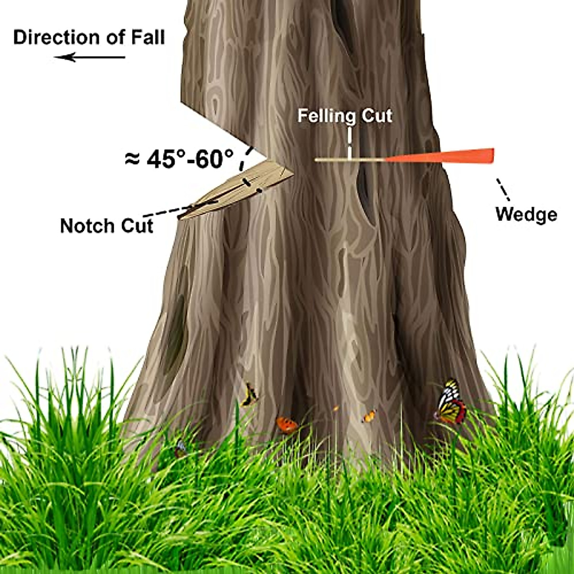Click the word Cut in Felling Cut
tap(376, 116)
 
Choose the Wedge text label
tap(526, 214)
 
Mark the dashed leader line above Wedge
tap(503, 189)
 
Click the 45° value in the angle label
tap(165, 159)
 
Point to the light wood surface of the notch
tap(239, 189)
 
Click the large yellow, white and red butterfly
tap(451, 403)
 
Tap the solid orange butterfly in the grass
tap(286, 425)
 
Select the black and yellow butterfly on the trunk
tap(250, 395)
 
